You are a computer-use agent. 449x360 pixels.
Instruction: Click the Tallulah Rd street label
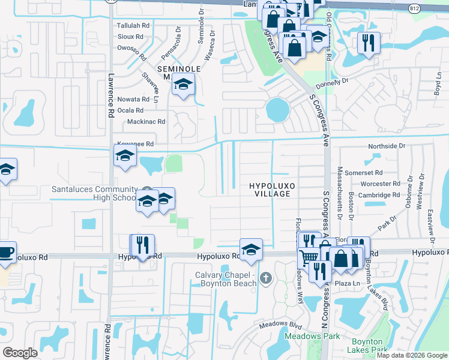[x=133, y=26]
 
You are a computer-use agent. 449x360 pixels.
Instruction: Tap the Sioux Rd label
[x=130, y=37]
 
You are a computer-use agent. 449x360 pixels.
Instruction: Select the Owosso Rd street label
[x=133, y=47]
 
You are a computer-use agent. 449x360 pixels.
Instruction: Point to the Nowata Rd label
[x=133, y=99]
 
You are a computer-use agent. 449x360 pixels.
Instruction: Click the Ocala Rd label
[x=131, y=110]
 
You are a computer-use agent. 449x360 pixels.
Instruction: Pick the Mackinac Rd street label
[x=146, y=122]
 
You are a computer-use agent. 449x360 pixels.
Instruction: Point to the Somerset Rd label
[x=383, y=173]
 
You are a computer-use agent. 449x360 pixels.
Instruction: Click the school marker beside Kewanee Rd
[x=125, y=156]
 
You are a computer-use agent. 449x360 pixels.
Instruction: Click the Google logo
[x=20, y=353]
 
